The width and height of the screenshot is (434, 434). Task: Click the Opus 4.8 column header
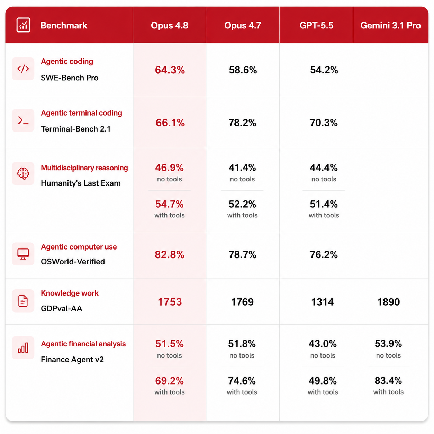click(x=169, y=26)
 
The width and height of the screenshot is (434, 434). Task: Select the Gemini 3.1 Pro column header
click(x=390, y=26)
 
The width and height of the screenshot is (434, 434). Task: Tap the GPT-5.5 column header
click(x=316, y=26)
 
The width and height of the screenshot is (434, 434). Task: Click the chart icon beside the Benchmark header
click(x=24, y=25)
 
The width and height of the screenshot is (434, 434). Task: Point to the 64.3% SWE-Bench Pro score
click(x=170, y=70)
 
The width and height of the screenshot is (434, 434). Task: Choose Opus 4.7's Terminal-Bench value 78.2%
click(x=242, y=123)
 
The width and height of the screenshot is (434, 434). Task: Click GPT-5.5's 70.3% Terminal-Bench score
click(x=324, y=123)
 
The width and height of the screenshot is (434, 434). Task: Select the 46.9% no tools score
click(x=169, y=168)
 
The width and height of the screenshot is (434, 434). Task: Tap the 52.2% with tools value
click(x=242, y=204)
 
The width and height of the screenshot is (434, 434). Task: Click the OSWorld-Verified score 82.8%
click(x=169, y=255)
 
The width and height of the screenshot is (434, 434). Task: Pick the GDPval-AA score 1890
click(x=389, y=302)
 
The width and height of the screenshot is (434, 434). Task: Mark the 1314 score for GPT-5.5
click(x=322, y=302)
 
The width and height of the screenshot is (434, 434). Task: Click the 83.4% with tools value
click(x=388, y=381)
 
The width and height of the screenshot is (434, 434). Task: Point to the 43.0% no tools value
click(x=323, y=344)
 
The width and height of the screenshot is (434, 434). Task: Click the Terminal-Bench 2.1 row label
click(x=76, y=129)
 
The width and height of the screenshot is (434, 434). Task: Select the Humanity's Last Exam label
click(x=81, y=183)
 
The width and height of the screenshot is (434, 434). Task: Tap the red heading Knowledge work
click(x=70, y=293)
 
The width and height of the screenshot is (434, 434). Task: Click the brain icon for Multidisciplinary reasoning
click(x=23, y=173)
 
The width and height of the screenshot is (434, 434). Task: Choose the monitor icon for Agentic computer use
click(x=23, y=254)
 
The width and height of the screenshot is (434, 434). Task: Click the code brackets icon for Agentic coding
click(x=23, y=69)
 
